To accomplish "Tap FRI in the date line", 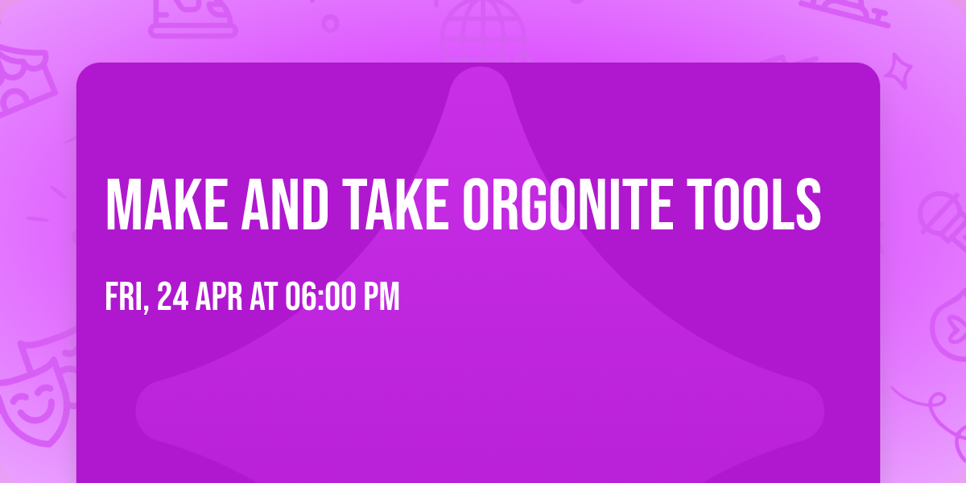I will click(x=123, y=297).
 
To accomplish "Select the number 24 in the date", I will click(x=175, y=297).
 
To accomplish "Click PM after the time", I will click(x=381, y=297).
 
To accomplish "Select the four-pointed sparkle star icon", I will click(x=903, y=68).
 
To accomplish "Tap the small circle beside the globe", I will click(x=330, y=23).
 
